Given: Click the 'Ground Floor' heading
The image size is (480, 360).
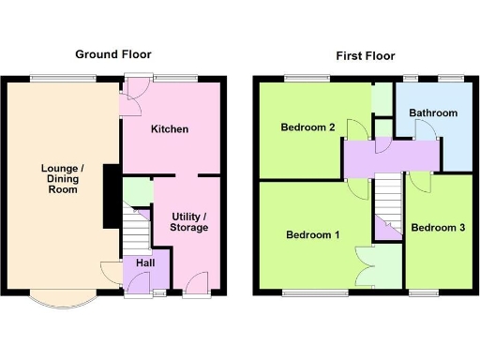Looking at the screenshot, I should pyautogui.click(x=113, y=54).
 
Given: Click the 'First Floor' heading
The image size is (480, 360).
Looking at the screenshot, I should pyautogui.click(x=366, y=55).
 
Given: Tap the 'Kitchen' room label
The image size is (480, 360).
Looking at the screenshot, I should pyautogui.click(x=170, y=128).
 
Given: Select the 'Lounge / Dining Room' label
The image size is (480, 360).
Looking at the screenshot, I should pyautogui.click(x=63, y=178).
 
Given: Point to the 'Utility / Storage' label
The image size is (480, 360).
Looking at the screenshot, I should pyautogui.click(x=188, y=221).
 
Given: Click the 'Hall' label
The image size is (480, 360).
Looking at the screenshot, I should pyautogui.click(x=144, y=263).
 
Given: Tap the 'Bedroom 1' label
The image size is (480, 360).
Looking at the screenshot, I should pyautogui.click(x=313, y=235).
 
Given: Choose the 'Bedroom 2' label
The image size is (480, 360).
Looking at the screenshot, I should pyautogui.click(x=307, y=127).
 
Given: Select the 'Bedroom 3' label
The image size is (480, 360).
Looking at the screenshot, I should pyautogui.click(x=436, y=227).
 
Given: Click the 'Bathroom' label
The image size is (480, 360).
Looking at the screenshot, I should pyautogui.click(x=433, y=113).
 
